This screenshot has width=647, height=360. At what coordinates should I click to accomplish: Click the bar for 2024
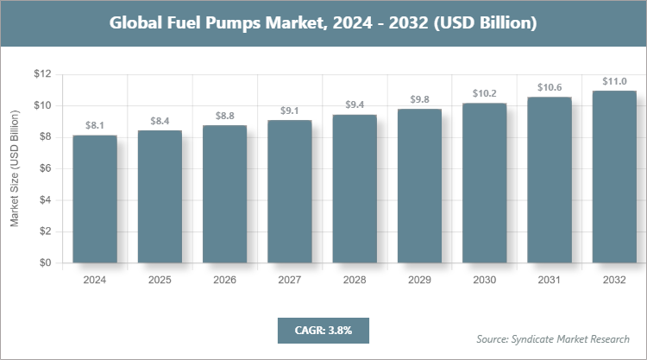[95, 199]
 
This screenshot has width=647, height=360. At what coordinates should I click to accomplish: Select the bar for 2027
[290, 191]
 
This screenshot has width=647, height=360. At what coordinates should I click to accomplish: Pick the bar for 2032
[614, 176]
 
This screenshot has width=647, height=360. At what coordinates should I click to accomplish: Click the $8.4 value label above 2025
[160, 120]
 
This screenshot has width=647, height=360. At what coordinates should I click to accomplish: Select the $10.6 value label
[550, 86]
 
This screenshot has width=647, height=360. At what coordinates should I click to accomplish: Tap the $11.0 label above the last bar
[614, 80]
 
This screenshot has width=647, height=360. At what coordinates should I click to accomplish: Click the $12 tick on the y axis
[41, 74]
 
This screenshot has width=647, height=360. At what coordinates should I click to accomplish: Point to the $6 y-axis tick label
[44, 168]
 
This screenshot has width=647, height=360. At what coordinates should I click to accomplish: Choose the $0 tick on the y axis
[44, 262]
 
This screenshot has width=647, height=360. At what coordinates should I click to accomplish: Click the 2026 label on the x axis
[224, 281]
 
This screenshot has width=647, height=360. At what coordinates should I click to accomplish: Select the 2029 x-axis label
[419, 281]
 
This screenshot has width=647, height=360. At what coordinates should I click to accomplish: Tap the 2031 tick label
[550, 281]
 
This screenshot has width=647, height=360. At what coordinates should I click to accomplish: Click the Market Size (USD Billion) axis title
[15, 168]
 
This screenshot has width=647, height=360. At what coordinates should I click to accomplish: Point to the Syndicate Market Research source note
[553, 338]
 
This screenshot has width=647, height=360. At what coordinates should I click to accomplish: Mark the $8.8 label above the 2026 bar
[224, 115]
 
